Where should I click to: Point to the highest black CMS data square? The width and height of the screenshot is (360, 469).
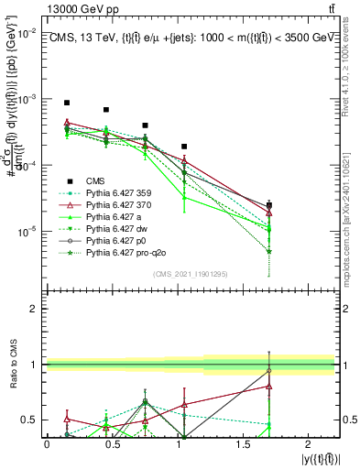(67, 103)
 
